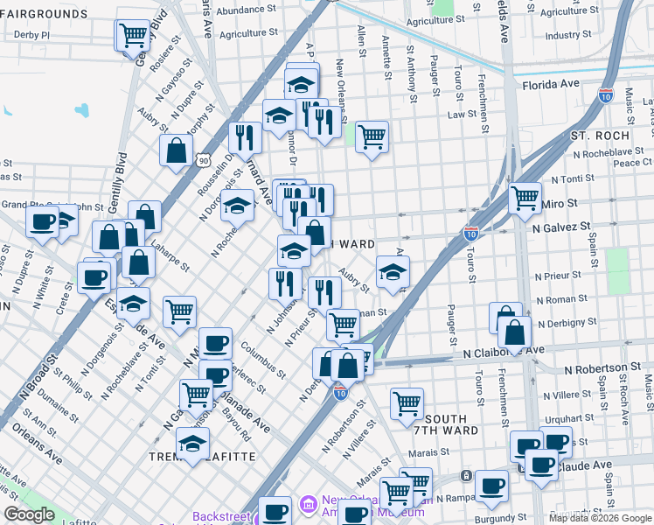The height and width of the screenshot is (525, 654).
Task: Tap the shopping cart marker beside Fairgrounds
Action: pos(133,35)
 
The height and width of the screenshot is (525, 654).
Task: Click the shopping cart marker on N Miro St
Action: pos(525,198)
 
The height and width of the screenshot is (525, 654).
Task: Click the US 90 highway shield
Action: pos(203,160)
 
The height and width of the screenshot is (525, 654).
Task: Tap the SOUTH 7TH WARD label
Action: pos(451,423)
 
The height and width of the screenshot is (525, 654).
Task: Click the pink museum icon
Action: pos(307,505)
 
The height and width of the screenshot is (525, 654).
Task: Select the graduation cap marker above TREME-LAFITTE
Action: pos(193,443)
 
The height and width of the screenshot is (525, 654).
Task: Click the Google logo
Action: pos(30,514)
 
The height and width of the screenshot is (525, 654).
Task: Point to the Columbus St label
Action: pos(263,358)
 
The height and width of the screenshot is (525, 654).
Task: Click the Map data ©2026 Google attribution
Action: pos(600,518)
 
